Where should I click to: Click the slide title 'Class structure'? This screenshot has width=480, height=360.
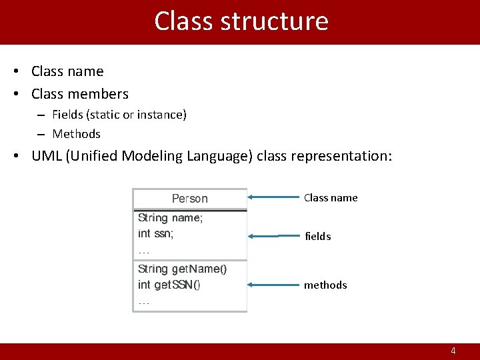click(241, 21)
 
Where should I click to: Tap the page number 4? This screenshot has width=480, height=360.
click(453, 351)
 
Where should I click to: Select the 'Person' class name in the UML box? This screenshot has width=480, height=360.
click(190, 199)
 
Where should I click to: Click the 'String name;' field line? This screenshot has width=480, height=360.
click(170, 217)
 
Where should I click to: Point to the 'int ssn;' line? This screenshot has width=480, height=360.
click(155, 233)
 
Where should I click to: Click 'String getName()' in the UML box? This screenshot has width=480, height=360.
click(182, 269)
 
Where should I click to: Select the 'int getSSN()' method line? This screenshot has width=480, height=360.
click(169, 285)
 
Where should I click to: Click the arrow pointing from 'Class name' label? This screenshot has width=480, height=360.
click(273, 197)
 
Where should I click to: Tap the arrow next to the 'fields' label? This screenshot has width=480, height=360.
click(273, 236)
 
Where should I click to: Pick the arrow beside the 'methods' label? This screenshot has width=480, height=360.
click(273, 285)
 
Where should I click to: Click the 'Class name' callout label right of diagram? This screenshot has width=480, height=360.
click(331, 198)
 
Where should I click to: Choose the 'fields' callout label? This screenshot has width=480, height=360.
click(317, 237)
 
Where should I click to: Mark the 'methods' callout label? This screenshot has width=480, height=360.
click(325, 285)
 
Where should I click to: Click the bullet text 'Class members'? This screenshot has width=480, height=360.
click(80, 94)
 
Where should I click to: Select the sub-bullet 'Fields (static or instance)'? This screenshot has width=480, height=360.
click(119, 115)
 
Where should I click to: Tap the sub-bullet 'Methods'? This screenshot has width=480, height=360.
click(76, 134)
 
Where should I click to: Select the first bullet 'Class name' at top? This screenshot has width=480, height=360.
click(67, 71)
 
